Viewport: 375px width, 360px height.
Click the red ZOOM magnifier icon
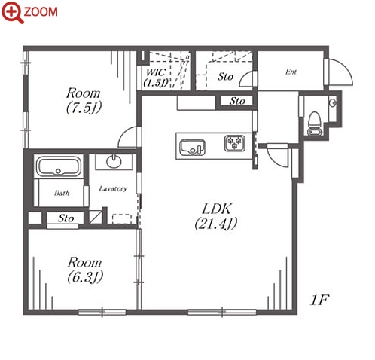click(x=13, y=12)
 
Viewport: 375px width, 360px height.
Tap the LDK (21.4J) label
click(x=216, y=216)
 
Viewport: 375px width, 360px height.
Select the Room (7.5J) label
click(x=84, y=100)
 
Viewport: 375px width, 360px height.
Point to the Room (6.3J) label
click(x=85, y=270)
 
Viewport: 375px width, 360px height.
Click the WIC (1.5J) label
click(x=156, y=78)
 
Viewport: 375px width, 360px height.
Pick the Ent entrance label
click(x=291, y=72)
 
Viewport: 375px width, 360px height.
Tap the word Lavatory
click(x=113, y=188)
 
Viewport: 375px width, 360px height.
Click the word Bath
click(x=62, y=193)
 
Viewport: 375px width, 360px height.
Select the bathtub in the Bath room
click(x=59, y=166)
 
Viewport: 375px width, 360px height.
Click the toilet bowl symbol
click(x=314, y=120)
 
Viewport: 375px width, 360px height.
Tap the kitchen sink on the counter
click(x=193, y=148)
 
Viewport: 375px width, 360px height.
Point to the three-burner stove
click(x=235, y=143)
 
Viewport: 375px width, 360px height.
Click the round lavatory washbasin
click(x=114, y=161)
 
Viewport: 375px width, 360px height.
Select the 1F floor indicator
click(x=319, y=300)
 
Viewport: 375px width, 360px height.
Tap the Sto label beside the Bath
click(x=66, y=218)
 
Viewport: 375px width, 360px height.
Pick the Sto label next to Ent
click(x=225, y=77)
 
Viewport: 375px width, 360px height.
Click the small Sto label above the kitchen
click(x=237, y=101)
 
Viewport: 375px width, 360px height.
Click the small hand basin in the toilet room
click(x=333, y=102)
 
